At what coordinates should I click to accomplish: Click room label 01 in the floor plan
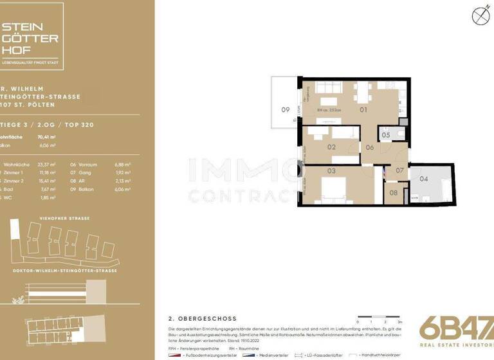363,110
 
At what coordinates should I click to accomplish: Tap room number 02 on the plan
332,147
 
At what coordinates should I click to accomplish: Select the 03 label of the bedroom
332,171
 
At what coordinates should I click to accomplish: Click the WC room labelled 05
385,135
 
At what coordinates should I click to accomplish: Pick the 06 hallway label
370,147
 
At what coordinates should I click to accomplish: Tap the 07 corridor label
399,171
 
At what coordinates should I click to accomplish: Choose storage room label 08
394,192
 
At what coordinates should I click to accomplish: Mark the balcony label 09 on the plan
286,110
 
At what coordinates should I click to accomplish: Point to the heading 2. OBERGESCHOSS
202,318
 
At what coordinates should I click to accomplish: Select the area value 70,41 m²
46,137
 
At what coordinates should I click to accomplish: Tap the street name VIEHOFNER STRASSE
65,219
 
